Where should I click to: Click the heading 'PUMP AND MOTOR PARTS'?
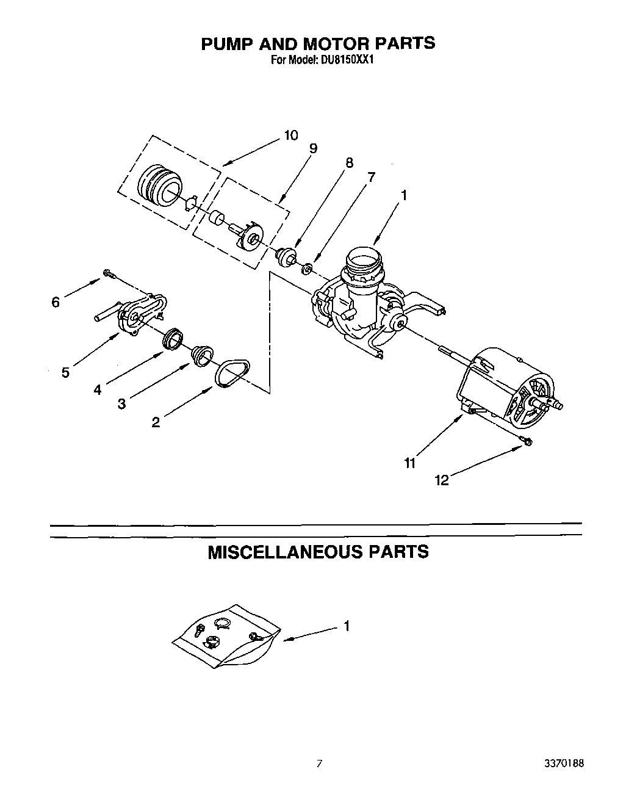point(318,43)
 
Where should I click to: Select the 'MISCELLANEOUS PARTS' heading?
point(318,552)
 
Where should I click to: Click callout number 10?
point(291,135)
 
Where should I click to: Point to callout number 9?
point(313,148)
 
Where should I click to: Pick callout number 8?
point(349,163)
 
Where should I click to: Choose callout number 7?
point(370,177)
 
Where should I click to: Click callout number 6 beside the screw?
point(56,302)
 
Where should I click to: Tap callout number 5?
point(65,372)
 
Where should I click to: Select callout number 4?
point(98,389)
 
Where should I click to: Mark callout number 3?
point(122,403)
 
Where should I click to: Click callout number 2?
point(156,422)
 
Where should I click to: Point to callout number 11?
point(409,463)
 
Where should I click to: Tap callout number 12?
point(442,480)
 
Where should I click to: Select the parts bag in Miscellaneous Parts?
point(226,638)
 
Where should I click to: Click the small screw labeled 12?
point(525,442)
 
